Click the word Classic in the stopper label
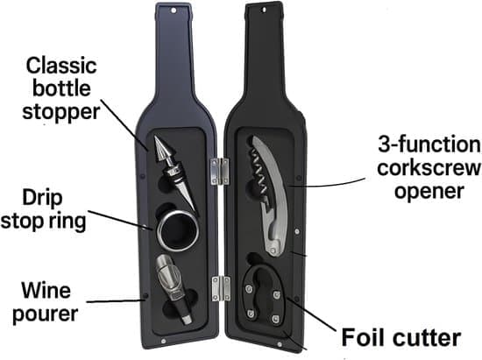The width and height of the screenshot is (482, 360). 61,66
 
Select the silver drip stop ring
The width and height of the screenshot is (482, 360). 178,230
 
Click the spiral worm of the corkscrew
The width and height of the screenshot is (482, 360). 258,172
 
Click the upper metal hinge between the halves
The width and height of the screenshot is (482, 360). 220,172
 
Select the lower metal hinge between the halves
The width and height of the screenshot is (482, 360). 221,289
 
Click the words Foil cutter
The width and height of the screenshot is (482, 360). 400,337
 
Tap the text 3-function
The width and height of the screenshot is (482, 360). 429,145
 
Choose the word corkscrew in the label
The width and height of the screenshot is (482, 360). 429,167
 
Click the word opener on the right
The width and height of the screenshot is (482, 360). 429,192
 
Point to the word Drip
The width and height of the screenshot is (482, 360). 42,199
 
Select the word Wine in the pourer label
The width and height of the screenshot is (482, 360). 46,290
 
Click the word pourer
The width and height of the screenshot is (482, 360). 46,314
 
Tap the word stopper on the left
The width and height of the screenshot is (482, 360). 60,112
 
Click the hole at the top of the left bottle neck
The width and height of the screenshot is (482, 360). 174,11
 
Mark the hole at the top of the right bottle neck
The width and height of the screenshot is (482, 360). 263,10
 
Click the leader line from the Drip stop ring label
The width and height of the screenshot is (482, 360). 121,220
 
